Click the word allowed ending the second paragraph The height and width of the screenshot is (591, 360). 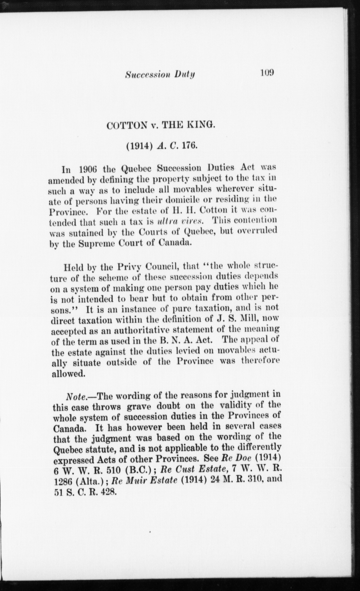[x=68, y=374]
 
